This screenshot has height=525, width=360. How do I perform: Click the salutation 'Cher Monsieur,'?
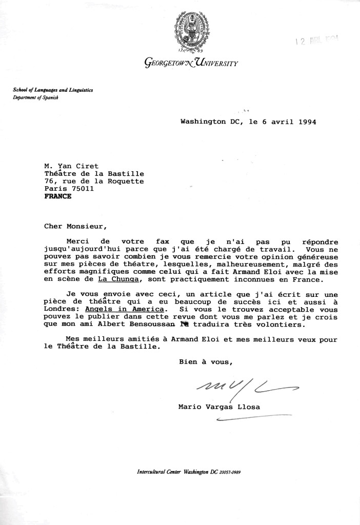coord(73,224)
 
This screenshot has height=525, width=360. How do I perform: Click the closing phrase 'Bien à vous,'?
coord(205,361)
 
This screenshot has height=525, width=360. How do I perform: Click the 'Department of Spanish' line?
coord(36,98)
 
